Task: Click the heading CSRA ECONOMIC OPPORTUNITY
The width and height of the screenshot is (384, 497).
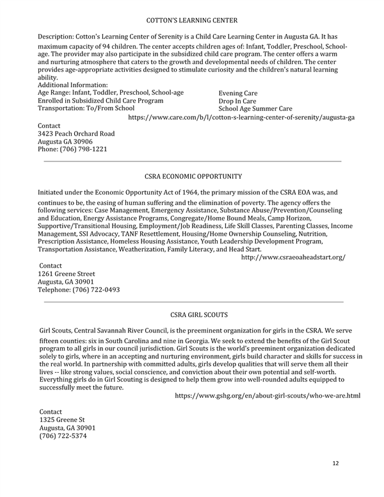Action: pos(193,175)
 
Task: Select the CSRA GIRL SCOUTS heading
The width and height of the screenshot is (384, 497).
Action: pos(199,314)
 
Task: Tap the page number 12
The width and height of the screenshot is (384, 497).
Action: pos(335,462)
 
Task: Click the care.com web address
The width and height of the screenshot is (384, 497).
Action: pos(241,118)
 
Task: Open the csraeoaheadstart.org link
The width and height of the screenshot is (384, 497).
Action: pos(293,257)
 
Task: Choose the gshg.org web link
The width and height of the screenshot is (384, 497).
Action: pos(268,396)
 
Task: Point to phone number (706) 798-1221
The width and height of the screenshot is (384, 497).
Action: pos(72,149)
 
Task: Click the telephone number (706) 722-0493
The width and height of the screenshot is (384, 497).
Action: pos(79,289)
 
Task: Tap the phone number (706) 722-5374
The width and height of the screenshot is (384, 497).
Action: pos(63,436)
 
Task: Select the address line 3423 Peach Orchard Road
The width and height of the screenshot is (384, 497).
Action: pos(76,134)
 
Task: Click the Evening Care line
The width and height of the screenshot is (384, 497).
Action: pos(238,93)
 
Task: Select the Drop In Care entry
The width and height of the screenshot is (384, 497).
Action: pos(237,101)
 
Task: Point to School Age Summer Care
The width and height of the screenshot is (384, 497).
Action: pos(255,109)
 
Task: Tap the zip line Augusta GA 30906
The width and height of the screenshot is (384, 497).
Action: pos(65,142)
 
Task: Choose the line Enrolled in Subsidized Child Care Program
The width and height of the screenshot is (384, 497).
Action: pos(100,101)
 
